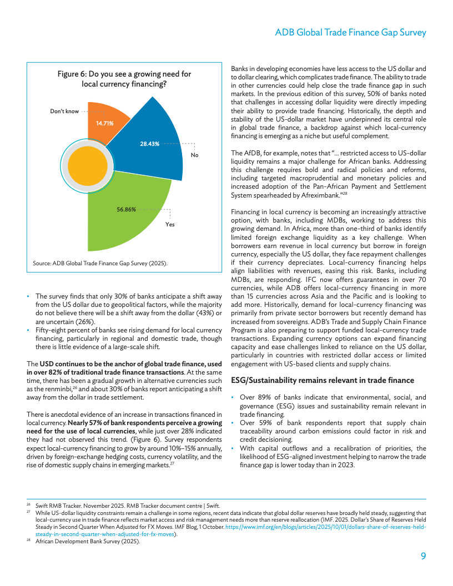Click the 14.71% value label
105,123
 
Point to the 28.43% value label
150,144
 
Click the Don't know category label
64,111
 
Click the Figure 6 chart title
124,79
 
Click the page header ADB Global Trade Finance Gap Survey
350,33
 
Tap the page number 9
423,555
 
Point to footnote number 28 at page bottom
28,541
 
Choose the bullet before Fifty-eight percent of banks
29,331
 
